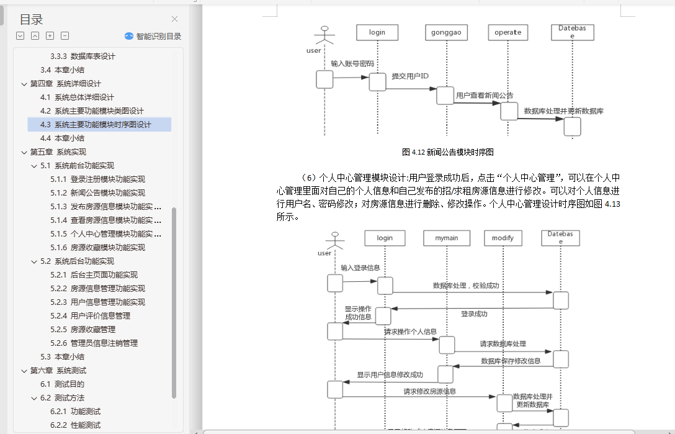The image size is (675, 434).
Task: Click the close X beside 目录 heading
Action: (x=174, y=19)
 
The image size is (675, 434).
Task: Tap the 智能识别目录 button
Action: (x=153, y=36)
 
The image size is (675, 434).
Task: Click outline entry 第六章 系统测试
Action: (x=58, y=371)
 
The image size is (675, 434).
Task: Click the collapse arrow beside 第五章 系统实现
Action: (x=24, y=152)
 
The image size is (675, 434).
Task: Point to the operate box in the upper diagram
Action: (x=508, y=32)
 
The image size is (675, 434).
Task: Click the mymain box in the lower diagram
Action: (x=447, y=238)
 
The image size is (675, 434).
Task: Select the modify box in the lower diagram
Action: (x=503, y=238)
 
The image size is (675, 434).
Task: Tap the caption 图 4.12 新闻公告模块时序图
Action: (x=447, y=151)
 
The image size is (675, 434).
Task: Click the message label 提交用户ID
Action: (x=410, y=76)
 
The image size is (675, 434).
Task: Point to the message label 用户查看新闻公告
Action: (x=485, y=96)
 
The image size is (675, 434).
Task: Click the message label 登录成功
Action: (x=474, y=314)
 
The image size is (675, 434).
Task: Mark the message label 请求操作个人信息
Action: (x=410, y=332)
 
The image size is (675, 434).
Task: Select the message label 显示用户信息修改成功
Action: (x=390, y=374)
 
